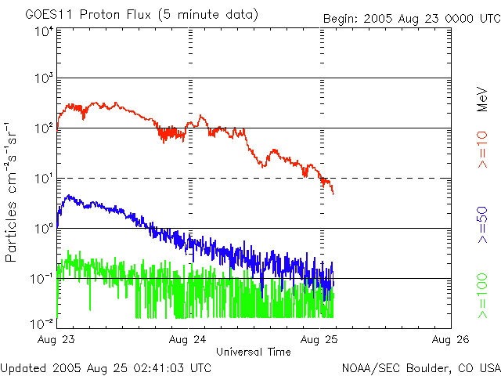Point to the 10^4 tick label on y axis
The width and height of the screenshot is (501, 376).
[44, 31]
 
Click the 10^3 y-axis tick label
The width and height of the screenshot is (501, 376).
[44, 78]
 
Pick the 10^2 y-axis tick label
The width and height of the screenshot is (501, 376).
[44, 128]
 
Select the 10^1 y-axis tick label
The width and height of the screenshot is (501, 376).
[44, 179]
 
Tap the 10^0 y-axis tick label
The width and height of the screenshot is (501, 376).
[44, 229]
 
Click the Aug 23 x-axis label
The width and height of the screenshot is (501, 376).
[57, 339]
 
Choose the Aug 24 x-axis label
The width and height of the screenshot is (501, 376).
[188, 339]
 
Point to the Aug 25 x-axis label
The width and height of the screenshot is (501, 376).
[319, 339]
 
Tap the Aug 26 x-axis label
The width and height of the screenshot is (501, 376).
[450, 339]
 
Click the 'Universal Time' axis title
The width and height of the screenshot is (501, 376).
[254, 352]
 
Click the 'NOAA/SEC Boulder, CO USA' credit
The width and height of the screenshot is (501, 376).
[420, 367]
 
